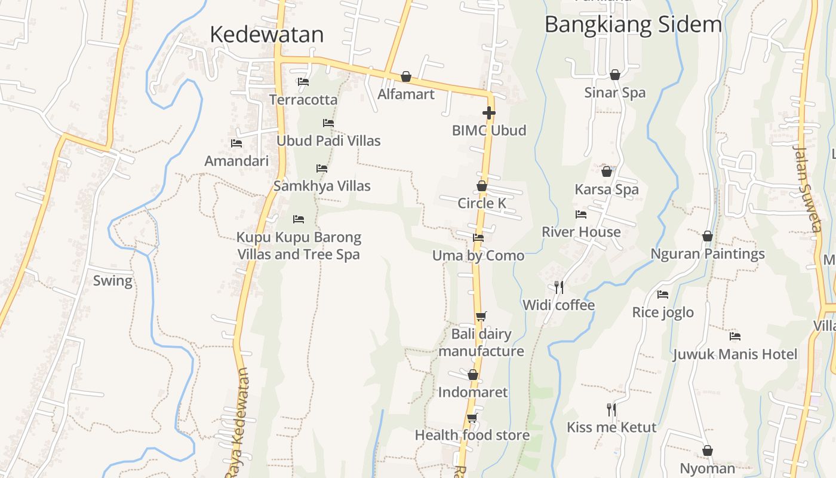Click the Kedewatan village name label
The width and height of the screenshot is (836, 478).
pos(266,35)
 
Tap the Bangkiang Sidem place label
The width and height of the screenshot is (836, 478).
pos(633,24)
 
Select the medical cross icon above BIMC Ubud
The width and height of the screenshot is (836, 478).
pos(489,113)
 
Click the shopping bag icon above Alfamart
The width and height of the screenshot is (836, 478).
pos(406,76)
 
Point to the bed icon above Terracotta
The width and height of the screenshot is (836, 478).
pos(303,82)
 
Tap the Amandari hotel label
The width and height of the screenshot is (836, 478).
pos(236,161)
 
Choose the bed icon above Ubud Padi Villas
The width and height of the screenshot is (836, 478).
pos(328,123)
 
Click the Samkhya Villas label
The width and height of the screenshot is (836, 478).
pos(322,186)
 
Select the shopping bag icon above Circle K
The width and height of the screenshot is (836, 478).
pos(482,186)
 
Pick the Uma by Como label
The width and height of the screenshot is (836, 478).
pos(478,256)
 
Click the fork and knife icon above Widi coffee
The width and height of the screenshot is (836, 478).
pos(558,287)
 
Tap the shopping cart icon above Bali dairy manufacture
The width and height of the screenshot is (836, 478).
pos(481,316)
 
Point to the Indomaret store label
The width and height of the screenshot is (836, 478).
pos(473,393)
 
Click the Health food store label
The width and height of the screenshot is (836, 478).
pos(472,435)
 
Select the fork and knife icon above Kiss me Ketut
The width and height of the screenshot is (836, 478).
pos(611,409)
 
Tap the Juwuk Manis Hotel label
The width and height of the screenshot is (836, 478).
pos(735,354)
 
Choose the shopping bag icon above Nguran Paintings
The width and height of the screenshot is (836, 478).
pos(708,236)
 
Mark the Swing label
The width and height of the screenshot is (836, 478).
pos(113,280)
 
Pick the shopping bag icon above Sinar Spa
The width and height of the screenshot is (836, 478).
pos(614,75)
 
